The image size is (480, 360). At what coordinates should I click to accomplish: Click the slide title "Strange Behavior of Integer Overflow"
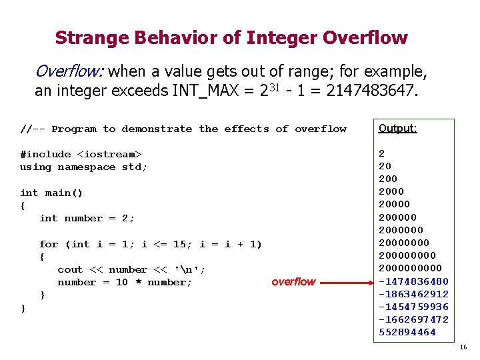pyautogui.click(x=231, y=38)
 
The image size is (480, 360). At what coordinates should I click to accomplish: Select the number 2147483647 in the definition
pyautogui.click(x=371, y=91)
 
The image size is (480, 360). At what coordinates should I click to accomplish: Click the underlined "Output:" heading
pyautogui.click(x=397, y=129)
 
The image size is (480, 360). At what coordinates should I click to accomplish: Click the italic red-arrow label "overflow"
pyautogui.click(x=293, y=282)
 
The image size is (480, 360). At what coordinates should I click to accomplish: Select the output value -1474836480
pyautogui.click(x=413, y=281)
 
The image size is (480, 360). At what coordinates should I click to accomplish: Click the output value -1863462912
pyautogui.click(x=413, y=294)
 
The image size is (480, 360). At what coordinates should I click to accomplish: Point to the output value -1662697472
pyautogui.click(x=413, y=319)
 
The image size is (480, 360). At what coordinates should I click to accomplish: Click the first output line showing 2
pyautogui.click(x=382, y=153)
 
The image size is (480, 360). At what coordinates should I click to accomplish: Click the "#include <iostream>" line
pyautogui.click(x=81, y=154)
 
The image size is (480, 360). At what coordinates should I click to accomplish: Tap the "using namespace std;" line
pyautogui.click(x=83, y=167)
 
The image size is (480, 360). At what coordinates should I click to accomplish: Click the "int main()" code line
pyautogui.click(x=51, y=193)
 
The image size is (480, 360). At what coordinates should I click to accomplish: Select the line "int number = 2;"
pyautogui.click(x=87, y=218)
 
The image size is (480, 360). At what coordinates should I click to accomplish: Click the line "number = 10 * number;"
pyautogui.click(x=125, y=282)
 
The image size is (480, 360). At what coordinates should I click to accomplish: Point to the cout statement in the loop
pyautogui.click(x=131, y=269)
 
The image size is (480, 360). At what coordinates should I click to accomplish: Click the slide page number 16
pyautogui.click(x=463, y=347)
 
